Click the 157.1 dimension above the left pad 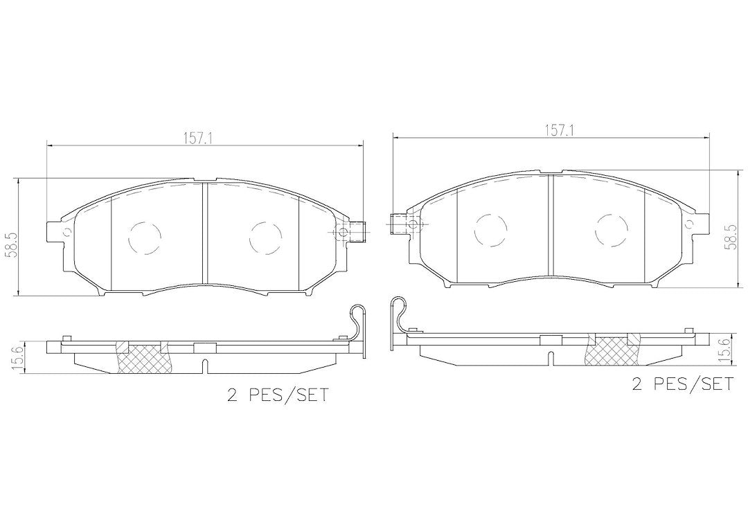198,138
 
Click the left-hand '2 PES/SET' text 278,395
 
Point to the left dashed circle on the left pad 145,237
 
